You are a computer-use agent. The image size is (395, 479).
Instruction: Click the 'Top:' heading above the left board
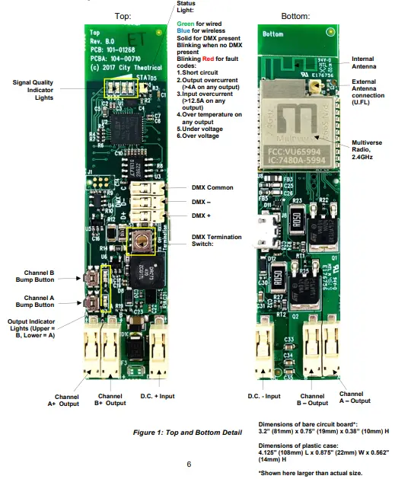(123, 15)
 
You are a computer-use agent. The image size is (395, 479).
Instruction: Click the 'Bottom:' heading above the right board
(295, 15)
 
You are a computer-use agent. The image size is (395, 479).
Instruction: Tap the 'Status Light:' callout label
(186, 7)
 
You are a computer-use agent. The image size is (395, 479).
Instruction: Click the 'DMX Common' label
(212, 187)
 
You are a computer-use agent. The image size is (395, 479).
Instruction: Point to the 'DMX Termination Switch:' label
(212, 240)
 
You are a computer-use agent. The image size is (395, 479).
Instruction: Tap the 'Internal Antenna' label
(366, 62)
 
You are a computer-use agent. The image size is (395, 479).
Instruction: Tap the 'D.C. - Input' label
(265, 396)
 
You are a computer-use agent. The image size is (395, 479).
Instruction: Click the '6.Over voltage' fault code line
(199, 136)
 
